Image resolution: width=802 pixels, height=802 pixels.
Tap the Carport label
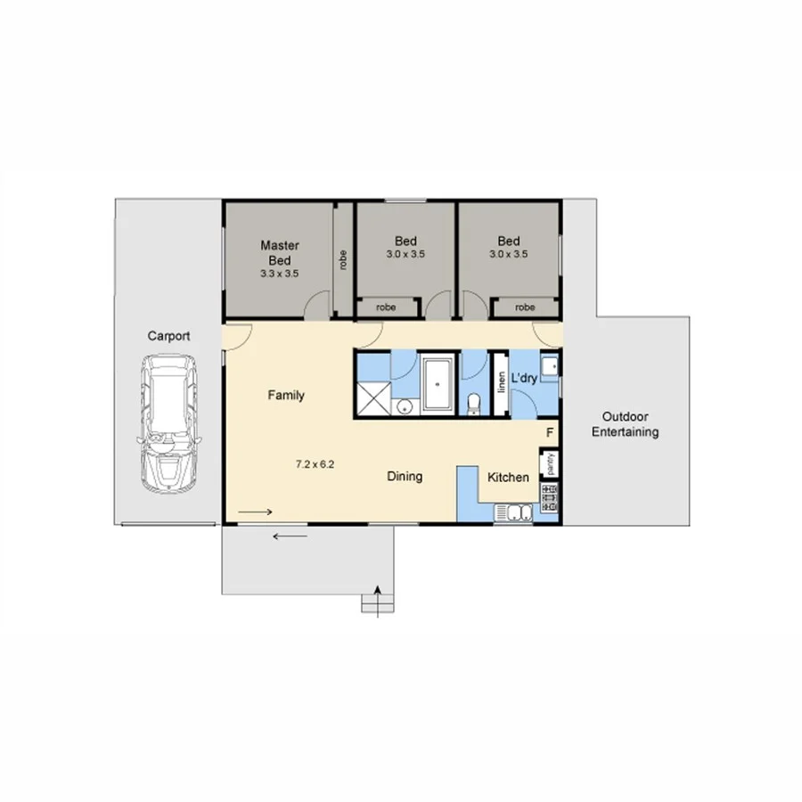(x=168, y=336)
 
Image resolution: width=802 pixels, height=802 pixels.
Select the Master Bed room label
(x=279, y=252)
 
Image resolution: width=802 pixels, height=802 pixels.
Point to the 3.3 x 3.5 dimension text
(x=279, y=274)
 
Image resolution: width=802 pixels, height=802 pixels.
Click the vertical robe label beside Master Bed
(x=343, y=259)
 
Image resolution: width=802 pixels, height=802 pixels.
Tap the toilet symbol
(x=474, y=404)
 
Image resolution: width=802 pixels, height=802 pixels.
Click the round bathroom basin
(x=405, y=407)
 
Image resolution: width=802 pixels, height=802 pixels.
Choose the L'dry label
(x=525, y=379)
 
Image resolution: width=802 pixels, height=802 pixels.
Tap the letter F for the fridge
(x=551, y=433)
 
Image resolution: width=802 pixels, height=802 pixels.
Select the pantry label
(x=551, y=463)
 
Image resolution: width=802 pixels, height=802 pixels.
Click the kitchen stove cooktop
(x=549, y=496)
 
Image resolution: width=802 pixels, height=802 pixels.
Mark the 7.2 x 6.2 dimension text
(x=315, y=463)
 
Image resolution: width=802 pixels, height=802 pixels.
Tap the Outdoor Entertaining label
(x=630, y=424)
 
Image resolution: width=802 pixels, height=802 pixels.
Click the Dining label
(x=405, y=477)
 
